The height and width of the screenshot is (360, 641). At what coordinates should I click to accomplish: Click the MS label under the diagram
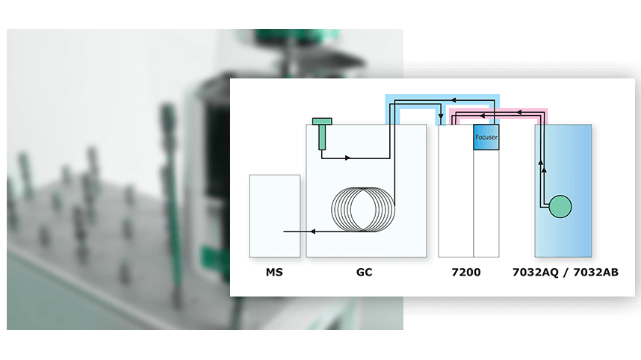tap(274, 272)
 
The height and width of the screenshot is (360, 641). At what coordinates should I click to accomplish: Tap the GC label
tap(365, 272)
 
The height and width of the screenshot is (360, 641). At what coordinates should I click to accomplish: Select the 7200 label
tap(466, 272)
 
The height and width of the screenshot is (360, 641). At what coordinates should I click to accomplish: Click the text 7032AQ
tap(536, 273)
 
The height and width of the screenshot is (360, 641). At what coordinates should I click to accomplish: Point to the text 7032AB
tap(596, 272)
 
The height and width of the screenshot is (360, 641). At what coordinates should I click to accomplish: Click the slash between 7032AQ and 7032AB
tap(566, 273)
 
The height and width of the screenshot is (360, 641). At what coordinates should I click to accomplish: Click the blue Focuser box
tap(486, 137)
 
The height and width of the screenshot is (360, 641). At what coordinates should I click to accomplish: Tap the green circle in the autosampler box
tap(560, 206)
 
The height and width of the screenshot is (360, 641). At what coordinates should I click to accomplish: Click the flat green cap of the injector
tap(322, 121)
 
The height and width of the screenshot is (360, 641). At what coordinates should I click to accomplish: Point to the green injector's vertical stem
tap(322, 137)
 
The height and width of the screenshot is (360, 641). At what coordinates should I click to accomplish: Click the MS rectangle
tap(275, 216)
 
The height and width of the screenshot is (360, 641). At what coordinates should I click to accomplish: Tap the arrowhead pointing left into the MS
tap(313, 232)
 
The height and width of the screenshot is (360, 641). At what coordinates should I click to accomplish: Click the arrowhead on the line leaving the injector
tap(348, 158)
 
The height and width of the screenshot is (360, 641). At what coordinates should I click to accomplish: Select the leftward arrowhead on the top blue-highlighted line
tap(453, 99)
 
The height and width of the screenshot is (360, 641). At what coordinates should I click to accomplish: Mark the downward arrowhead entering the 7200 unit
tap(441, 117)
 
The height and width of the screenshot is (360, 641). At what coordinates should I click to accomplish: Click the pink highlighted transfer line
tap(498, 111)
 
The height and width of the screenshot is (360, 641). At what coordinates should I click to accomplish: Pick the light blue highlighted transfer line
tap(442, 98)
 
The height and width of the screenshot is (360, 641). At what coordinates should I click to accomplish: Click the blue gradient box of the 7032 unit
tap(563, 190)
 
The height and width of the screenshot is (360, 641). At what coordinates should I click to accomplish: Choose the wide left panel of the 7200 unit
tap(456, 190)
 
